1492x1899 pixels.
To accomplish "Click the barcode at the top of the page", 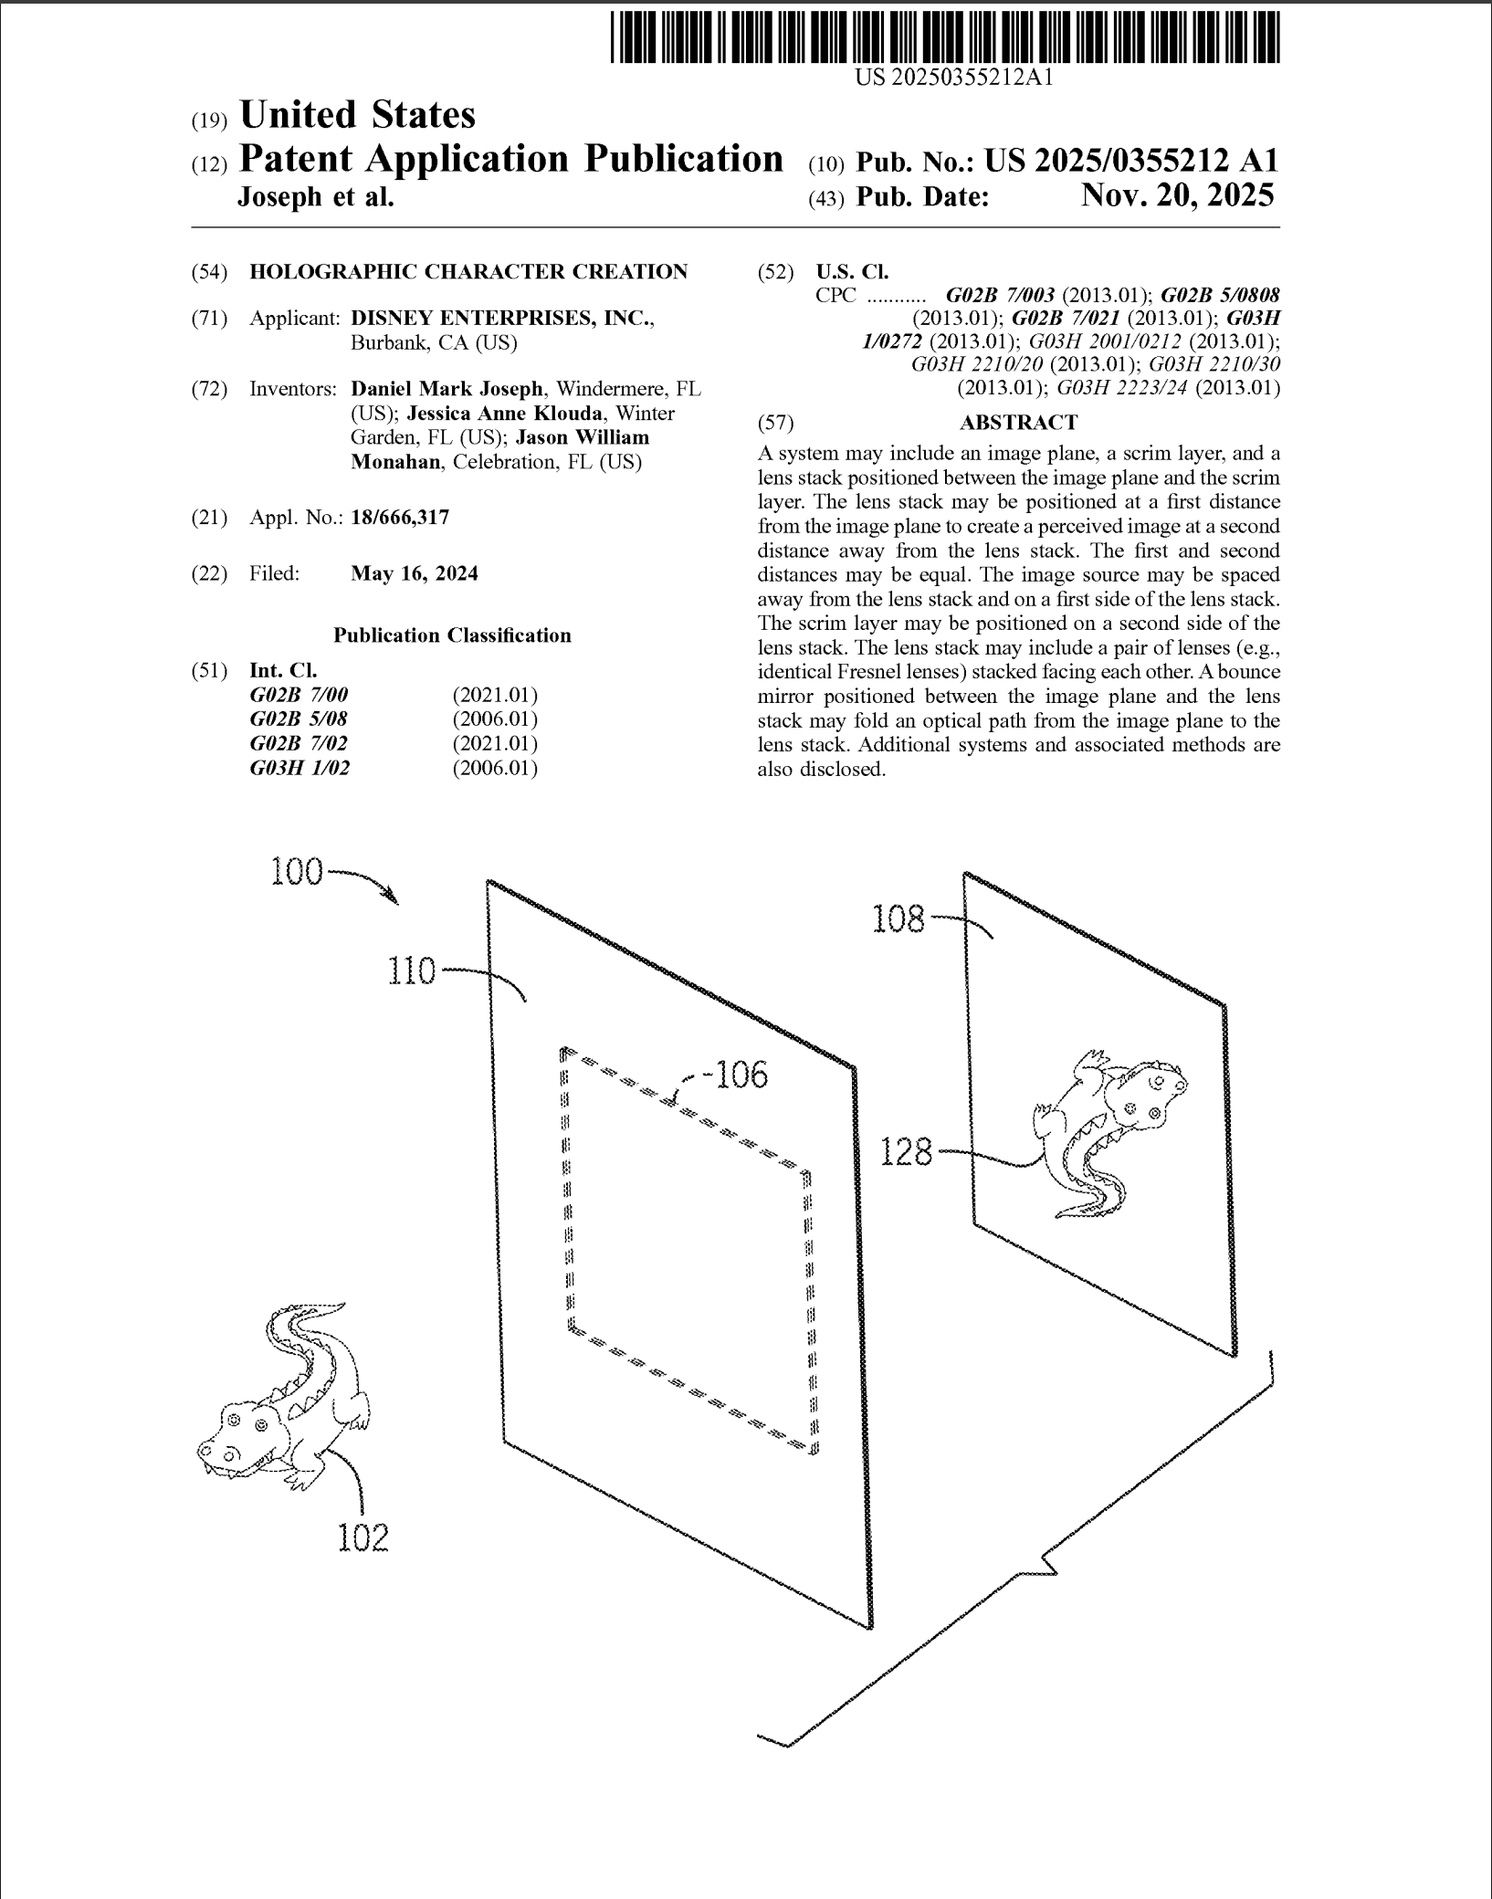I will click(945, 37).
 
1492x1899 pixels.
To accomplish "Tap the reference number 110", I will click(412, 970).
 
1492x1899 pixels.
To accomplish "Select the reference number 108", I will click(898, 918).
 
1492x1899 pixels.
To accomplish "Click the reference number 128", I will click(906, 1153).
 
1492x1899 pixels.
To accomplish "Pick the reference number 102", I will click(363, 1537).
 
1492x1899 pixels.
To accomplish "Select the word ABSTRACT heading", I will click(1018, 423).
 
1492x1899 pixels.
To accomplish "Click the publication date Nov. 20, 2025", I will click(1177, 195).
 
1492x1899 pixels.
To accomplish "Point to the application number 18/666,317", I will click(400, 518).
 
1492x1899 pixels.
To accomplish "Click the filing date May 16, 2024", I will click(415, 573).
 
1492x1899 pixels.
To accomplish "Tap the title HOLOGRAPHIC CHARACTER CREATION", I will click(468, 271).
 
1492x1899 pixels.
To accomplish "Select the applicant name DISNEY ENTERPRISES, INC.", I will click(501, 319).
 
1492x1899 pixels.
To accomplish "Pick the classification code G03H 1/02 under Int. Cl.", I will click(299, 768).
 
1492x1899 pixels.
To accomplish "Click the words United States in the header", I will click(357, 116).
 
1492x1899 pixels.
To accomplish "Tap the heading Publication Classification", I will click(452, 635).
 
